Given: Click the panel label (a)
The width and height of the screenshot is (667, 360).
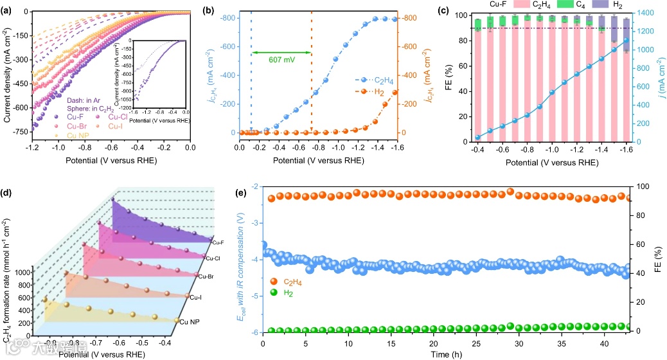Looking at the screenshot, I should click(x=9, y=8).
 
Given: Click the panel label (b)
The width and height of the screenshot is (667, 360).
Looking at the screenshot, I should click(x=227, y=8).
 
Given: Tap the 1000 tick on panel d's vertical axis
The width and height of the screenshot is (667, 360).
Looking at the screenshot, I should click(x=22, y=273).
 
